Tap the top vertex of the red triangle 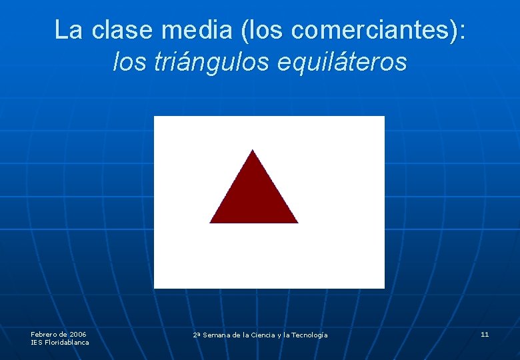253,151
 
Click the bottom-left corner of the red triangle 211,222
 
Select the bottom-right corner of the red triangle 297,222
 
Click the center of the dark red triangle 253,199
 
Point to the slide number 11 485,334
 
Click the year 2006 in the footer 78,334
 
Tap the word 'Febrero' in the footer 45,334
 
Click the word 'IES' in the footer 36,342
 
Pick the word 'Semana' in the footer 216,335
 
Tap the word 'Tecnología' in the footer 310,335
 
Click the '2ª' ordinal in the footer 197,335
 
